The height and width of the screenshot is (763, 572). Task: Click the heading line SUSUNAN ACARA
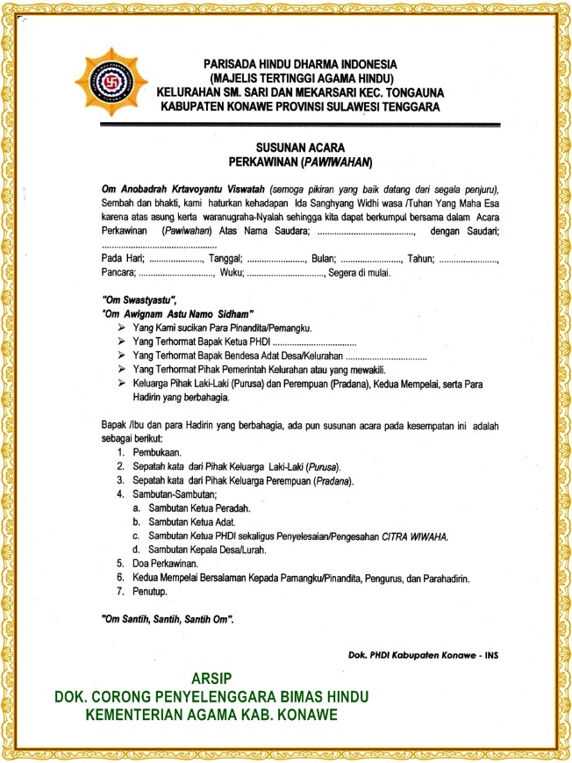[299, 147]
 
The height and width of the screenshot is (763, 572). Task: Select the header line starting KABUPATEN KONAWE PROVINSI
[299, 106]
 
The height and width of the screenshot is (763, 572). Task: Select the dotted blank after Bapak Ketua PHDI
[314, 341]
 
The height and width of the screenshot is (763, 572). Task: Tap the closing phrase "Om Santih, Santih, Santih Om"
[168, 619]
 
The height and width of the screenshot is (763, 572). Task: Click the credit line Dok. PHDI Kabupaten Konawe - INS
[424, 654]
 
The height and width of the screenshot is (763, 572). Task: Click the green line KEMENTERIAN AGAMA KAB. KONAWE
[211, 715]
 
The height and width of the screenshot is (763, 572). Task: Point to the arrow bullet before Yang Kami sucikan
[121, 327]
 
